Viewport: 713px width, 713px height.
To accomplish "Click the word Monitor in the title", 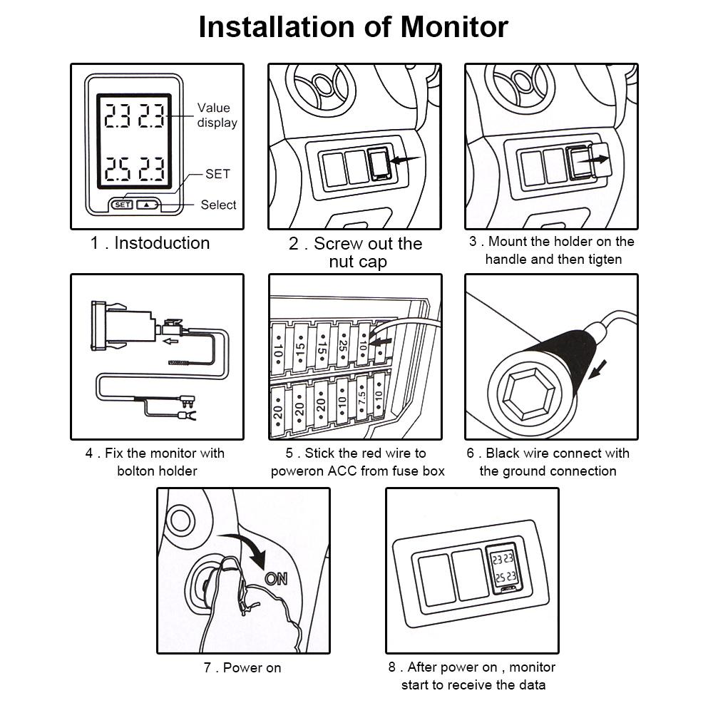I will (453, 27).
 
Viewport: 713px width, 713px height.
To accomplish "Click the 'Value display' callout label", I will (216, 115).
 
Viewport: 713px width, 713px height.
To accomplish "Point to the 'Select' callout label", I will (218, 205).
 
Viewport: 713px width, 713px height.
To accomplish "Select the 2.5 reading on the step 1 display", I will (117, 170).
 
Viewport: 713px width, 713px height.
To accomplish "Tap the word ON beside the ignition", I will (276, 578).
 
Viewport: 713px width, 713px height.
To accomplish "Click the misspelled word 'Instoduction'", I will (162, 243).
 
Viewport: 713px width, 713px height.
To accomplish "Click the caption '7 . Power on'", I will (242, 668).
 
